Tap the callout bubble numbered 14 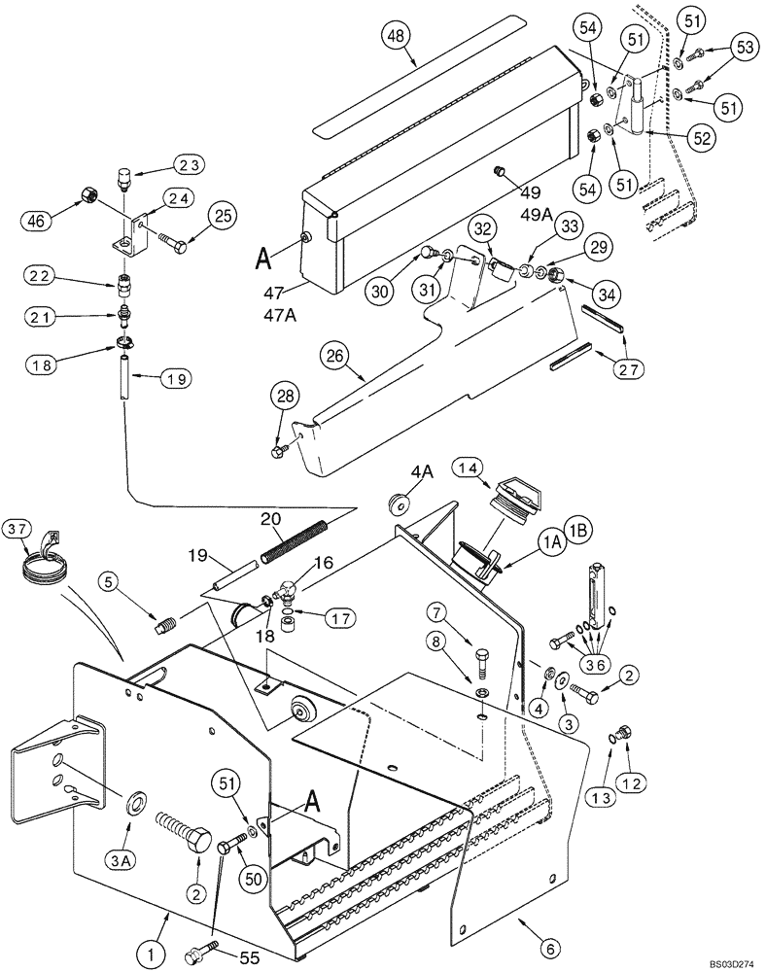(x=467, y=469)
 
